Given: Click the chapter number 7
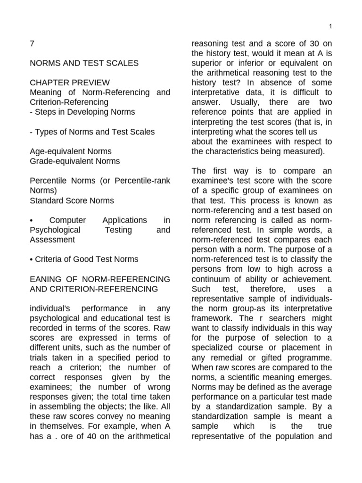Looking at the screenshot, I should click(32, 43).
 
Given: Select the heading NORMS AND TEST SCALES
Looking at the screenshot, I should click(84, 63).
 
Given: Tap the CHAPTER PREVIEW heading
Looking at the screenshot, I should click(70, 83).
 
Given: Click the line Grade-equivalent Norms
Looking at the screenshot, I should click(74, 161).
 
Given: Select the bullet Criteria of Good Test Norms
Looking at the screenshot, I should click(84, 259).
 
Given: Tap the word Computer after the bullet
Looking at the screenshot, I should click(68, 220).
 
